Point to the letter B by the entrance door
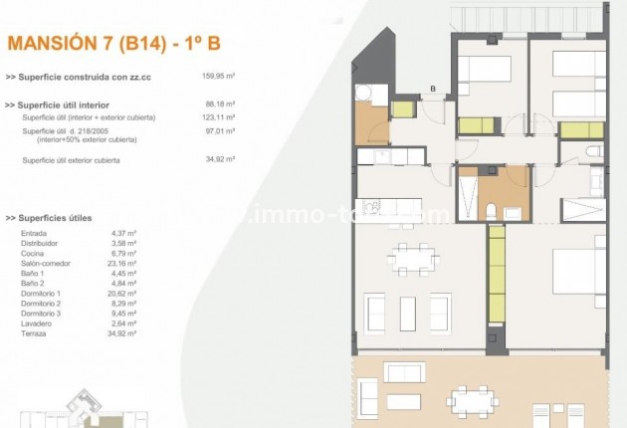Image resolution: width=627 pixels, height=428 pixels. coord(434,90)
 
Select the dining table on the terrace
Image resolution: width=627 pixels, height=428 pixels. coord(470,399)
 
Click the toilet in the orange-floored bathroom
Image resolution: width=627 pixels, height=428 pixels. coord(491,210)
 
